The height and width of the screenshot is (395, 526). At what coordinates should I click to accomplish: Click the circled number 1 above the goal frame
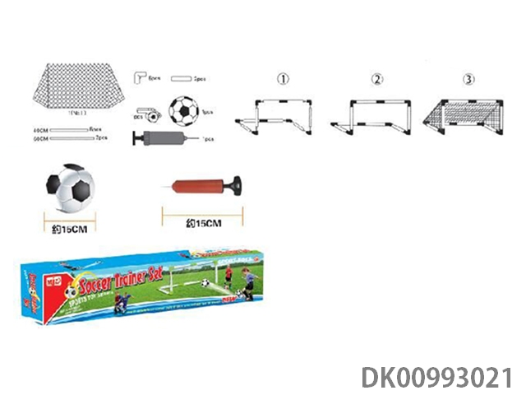click(x=284, y=79)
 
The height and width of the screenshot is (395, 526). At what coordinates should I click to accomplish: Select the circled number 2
click(x=377, y=79)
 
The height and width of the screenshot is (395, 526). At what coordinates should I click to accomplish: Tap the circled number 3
click(x=469, y=79)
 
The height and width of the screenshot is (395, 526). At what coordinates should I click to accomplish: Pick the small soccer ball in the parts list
click(x=184, y=110)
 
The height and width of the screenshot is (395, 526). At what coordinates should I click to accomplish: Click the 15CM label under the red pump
click(x=202, y=223)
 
